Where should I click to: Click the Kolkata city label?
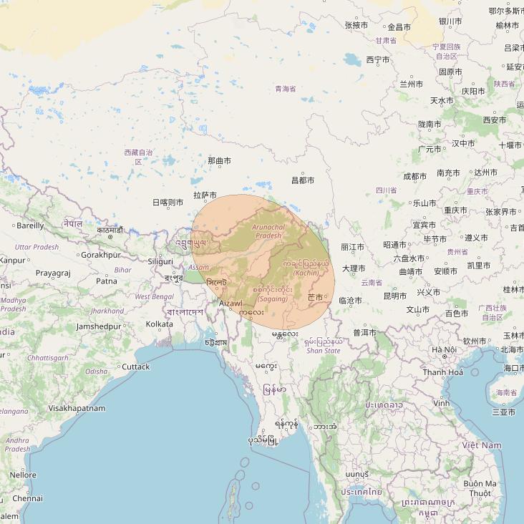[159, 324]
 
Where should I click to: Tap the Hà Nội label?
[444, 349]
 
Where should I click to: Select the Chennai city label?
[27, 498]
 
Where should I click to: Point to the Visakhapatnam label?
[77, 408]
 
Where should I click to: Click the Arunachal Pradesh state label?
[268, 231]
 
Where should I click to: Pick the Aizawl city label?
[231, 304]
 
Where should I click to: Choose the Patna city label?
[107, 281]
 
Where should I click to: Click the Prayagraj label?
[53, 273]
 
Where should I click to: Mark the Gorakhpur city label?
[101, 254]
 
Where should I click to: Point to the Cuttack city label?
[136, 367]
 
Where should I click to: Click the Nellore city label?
[23, 475]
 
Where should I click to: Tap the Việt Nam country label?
[482, 445]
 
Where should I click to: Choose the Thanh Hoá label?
[442, 372]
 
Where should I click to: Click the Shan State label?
[323, 351]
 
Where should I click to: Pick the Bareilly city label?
[30, 225]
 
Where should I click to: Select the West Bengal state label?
[154, 296]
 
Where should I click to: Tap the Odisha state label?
[97, 372]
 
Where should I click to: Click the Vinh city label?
[441, 403]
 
